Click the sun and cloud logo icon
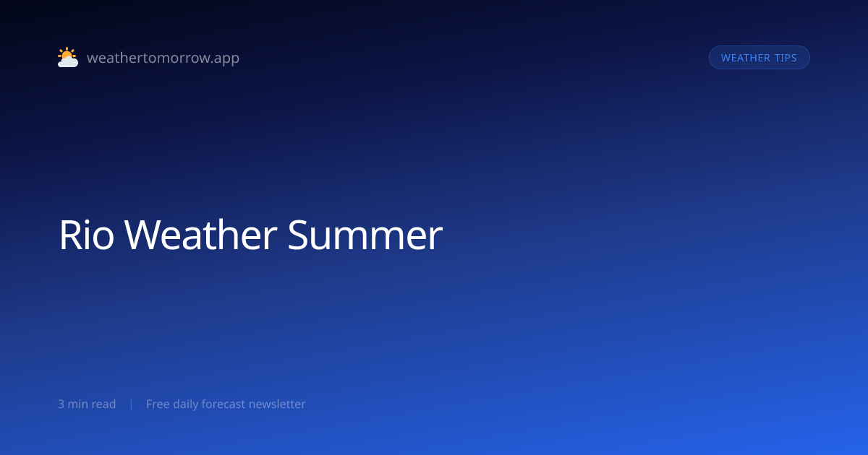(x=68, y=57)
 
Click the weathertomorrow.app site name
(x=163, y=58)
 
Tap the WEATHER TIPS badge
(x=759, y=58)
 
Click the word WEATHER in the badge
(x=745, y=58)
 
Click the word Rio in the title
(x=86, y=235)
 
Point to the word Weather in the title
(x=200, y=235)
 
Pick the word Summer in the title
(x=365, y=235)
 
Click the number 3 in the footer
(x=61, y=404)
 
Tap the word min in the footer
(x=77, y=404)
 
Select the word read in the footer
(x=103, y=404)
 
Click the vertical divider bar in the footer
(x=132, y=404)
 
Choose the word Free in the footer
(x=158, y=404)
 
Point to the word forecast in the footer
(x=224, y=404)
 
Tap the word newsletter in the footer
(x=277, y=404)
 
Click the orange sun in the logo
(x=67, y=53)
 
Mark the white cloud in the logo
(x=68, y=62)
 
